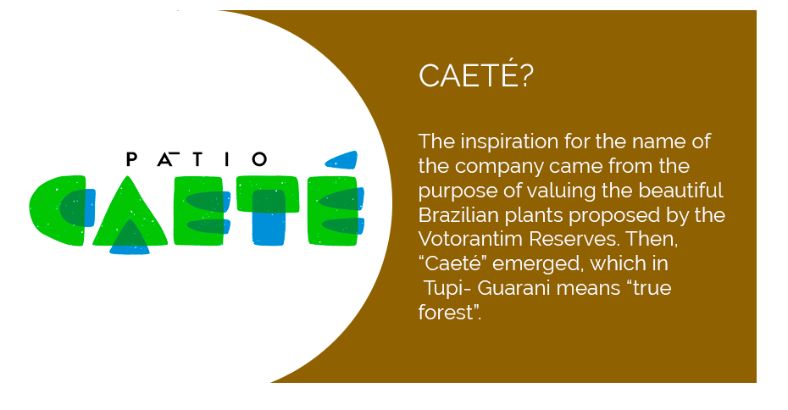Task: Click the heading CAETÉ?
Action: point(475,75)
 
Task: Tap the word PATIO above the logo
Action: point(197,158)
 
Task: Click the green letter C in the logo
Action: point(59,210)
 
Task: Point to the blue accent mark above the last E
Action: point(341,160)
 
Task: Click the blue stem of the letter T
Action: point(269,218)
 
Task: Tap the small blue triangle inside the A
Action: point(130,237)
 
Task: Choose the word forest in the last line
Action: point(446,313)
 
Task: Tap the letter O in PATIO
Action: point(259,159)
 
